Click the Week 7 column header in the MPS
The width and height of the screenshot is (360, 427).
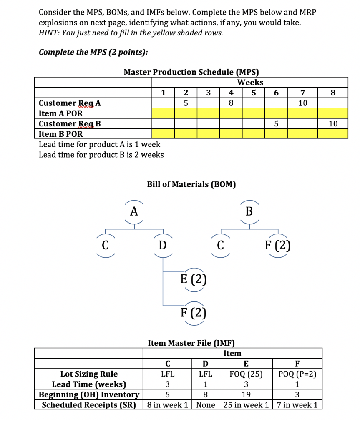click(303, 93)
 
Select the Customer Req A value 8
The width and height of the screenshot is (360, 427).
click(231, 103)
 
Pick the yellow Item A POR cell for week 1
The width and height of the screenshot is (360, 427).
click(163, 113)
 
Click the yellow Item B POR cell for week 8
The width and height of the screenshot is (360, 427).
click(332, 134)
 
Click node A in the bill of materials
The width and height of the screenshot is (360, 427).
click(133, 211)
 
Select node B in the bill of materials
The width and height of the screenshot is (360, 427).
click(249, 211)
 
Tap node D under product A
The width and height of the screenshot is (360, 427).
click(161, 246)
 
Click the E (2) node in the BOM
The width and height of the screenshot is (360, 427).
click(193, 278)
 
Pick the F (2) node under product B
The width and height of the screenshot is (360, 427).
click(277, 246)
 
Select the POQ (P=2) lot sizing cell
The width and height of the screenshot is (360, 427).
click(297, 374)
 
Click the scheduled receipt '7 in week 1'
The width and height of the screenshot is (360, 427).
click(297, 405)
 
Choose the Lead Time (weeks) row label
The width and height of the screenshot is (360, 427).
click(89, 384)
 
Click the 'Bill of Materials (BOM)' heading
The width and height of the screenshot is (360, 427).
click(191, 184)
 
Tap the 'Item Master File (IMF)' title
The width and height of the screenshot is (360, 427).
click(191, 343)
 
